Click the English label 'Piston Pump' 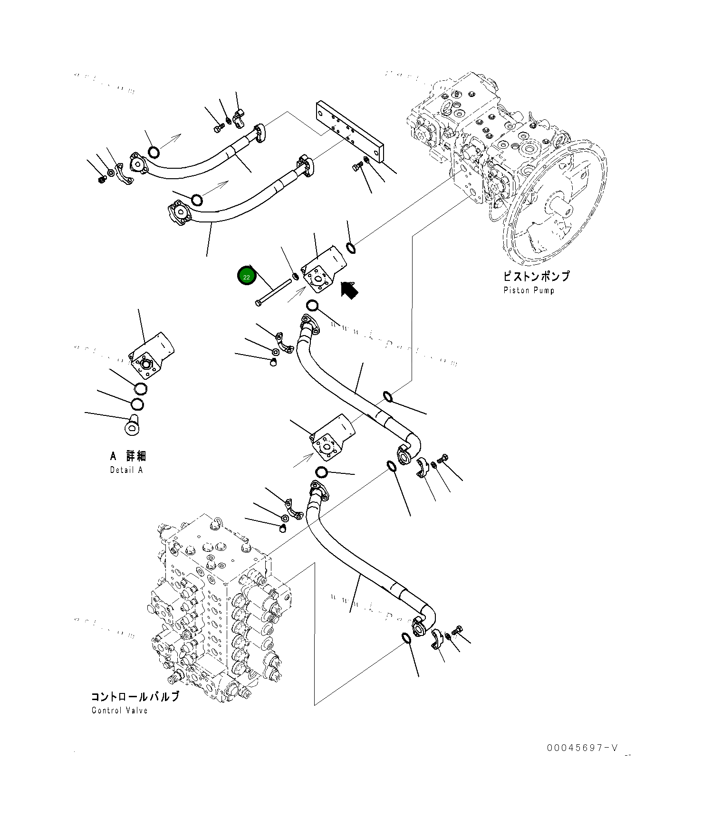click(x=529, y=290)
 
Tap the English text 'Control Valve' click(x=120, y=711)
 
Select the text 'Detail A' click(x=126, y=470)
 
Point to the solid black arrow click(x=349, y=289)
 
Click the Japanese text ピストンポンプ click(x=536, y=276)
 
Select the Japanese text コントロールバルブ click(x=135, y=697)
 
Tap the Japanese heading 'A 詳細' click(x=128, y=456)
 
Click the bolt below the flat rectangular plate click(x=357, y=166)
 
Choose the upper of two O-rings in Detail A click(x=141, y=388)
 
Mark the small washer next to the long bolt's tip click(x=295, y=276)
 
